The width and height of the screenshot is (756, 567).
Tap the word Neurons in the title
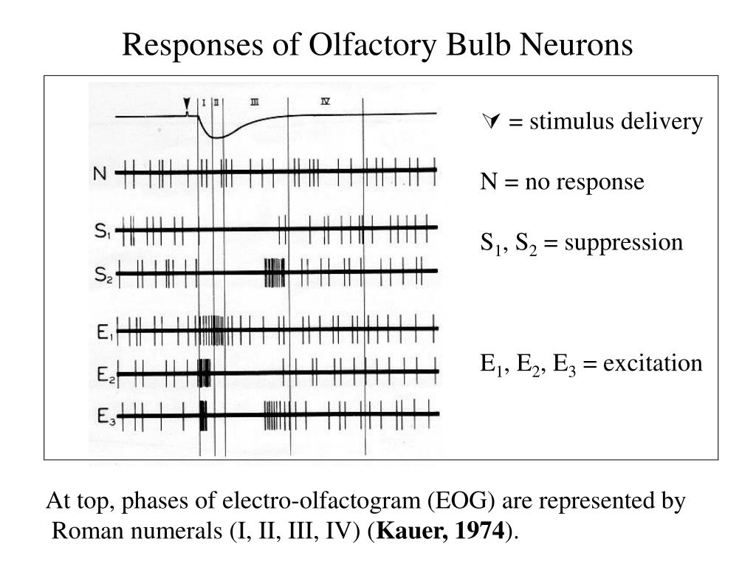[x=583, y=45]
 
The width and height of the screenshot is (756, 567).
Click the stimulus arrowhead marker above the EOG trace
[x=187, y=106]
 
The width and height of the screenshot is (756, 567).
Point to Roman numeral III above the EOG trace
[x=255, y=103]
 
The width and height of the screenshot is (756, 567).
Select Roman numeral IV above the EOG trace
[x=325, y=102]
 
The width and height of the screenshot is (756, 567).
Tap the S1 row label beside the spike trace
[x=103, y=230]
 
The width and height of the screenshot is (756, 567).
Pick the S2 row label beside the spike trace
[x=103, y=275]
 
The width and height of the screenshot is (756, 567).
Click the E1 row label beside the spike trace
[x=104, y=332]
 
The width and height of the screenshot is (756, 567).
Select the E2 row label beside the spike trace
[x=105, y=375]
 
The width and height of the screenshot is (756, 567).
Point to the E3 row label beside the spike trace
[x=105, y=417]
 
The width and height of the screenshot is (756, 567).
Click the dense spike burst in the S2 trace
[x=274, y=272]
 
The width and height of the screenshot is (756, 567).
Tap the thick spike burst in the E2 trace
[x=204, y=373]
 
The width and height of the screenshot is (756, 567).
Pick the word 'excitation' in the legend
[x=653, y=363]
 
